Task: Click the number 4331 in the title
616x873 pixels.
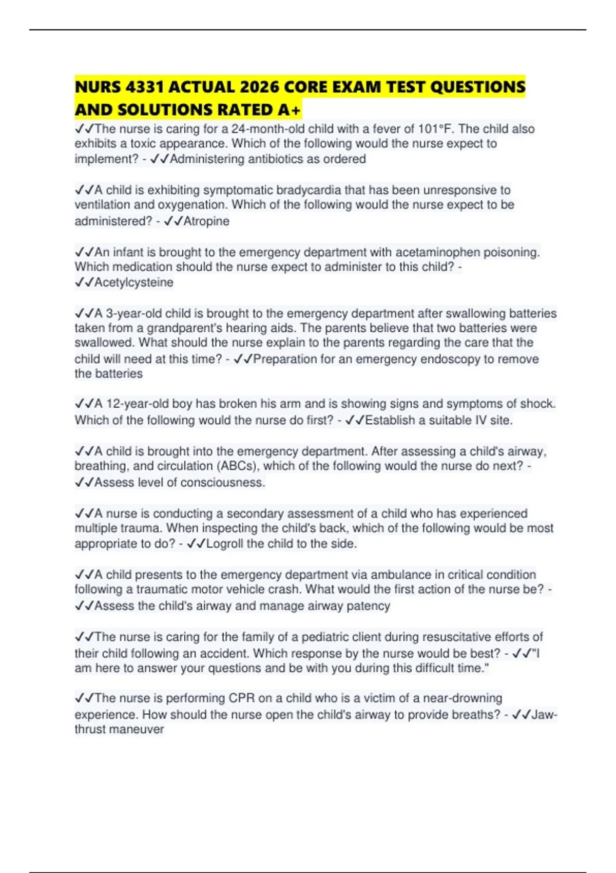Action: (x=145, y=87)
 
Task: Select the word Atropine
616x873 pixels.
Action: (x=206, y=221)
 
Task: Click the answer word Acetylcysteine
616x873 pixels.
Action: (x=133, y=282)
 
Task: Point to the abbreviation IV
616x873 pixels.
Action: (x=480, y=420)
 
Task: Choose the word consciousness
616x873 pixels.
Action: (x=222, y=482)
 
